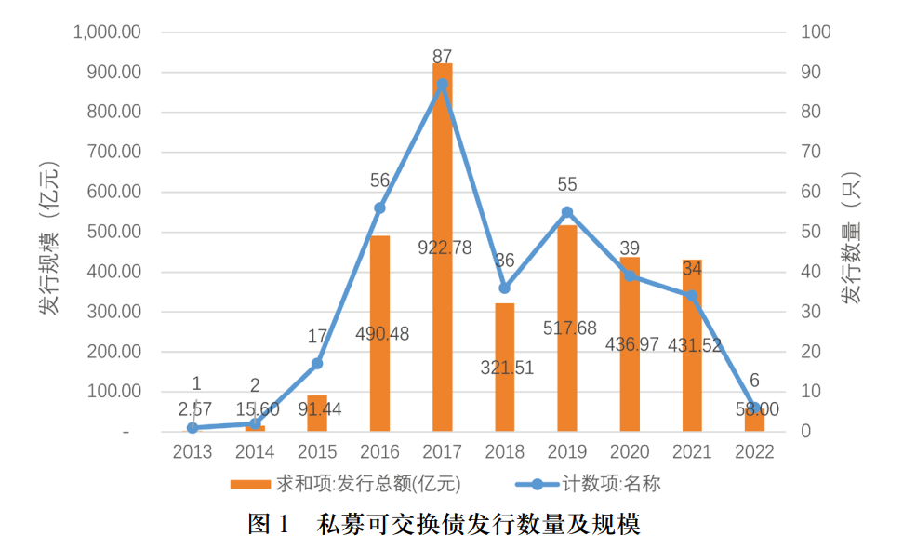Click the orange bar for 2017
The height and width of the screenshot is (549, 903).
point(442,279)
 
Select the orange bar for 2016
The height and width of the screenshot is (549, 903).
point(379,372)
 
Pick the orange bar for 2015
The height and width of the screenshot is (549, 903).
point(317,414)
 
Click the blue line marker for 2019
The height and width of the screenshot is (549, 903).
point(567,212)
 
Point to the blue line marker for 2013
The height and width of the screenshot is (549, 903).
point(193,428)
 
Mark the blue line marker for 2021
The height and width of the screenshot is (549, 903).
point(692,296)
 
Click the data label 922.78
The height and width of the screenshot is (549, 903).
point(444,248)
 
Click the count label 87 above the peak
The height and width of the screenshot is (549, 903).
point(443,58)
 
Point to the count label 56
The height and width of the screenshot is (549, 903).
point(379,181)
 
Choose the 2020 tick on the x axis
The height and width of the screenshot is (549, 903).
point(630,452)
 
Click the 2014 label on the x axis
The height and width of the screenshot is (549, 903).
point(255,452)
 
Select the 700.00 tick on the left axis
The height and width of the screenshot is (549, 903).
point(113,152)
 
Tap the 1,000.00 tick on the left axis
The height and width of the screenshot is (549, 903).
point(107,32)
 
